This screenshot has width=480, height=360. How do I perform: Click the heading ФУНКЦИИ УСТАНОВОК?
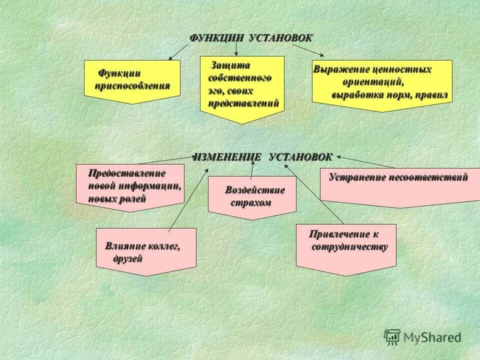(251, 38)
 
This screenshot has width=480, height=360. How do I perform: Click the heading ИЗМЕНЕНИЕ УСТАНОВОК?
(262, 157)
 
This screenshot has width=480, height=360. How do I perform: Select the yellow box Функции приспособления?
(132, 80)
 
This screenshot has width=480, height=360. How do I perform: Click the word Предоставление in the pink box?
(126, 173)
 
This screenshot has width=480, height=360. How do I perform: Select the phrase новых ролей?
(117, 198)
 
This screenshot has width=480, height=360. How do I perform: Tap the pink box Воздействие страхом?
(252, 196)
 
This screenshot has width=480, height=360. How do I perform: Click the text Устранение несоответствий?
(398, 177)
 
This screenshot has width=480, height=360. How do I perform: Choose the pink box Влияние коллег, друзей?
(146, 251)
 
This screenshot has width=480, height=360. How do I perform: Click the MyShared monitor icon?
(392, 336)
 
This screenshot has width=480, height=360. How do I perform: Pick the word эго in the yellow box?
(214, 91)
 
